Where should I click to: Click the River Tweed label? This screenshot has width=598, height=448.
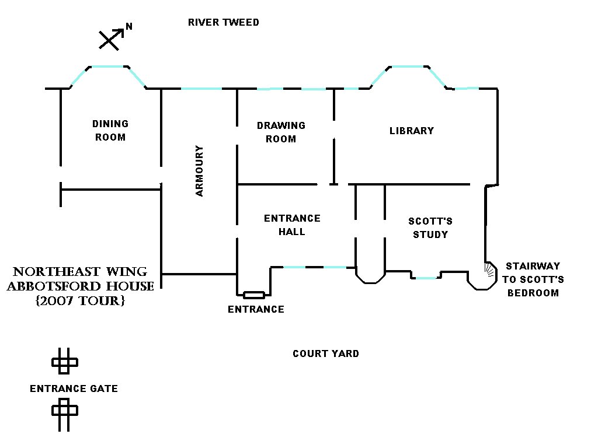pos(223,23)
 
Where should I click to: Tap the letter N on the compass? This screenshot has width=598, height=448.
pos(129,27)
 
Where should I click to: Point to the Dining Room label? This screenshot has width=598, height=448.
pos(110,131)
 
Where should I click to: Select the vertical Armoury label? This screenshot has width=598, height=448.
pos(200,170)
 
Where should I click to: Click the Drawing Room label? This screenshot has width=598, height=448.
pos(281,132)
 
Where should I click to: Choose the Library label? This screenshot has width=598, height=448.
pos(412,131)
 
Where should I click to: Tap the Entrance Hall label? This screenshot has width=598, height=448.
pos(292,225)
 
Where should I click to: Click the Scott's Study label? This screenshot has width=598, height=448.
pos(430,228)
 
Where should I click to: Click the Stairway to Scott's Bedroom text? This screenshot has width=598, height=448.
pos(533,279)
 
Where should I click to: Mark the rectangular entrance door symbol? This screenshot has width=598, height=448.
pos(254,295)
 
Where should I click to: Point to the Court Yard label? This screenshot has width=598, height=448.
pos(326,353)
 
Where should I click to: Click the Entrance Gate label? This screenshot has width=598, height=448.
pos(74,388)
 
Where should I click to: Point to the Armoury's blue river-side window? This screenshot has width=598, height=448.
pos(201,89)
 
